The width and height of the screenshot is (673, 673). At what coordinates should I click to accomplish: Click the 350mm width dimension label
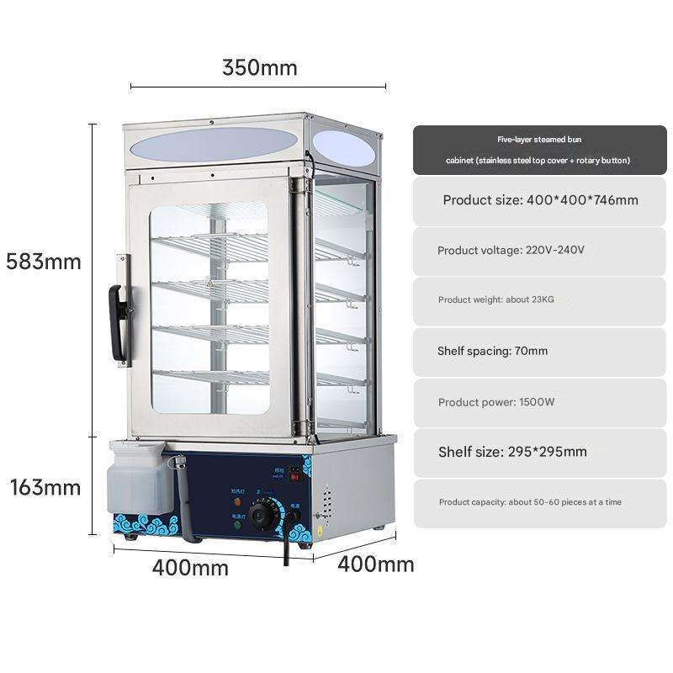point(259,67)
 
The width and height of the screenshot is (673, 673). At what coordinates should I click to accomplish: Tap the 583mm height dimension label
point(44,261)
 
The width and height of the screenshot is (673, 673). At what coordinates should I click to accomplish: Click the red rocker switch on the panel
point(294,477)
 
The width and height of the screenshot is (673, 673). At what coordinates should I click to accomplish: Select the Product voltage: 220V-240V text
point(511,251)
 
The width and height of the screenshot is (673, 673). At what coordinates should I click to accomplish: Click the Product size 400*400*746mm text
point(540,200)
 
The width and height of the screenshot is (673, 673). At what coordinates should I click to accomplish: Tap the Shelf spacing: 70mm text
point(492,351)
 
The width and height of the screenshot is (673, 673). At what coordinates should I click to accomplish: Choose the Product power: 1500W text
point(496,402)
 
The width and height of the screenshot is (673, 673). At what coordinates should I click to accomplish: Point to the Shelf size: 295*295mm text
point(512,452)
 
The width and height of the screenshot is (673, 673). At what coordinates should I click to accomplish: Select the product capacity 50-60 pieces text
point(530,502)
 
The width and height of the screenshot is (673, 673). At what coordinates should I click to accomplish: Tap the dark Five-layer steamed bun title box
point(538,150)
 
